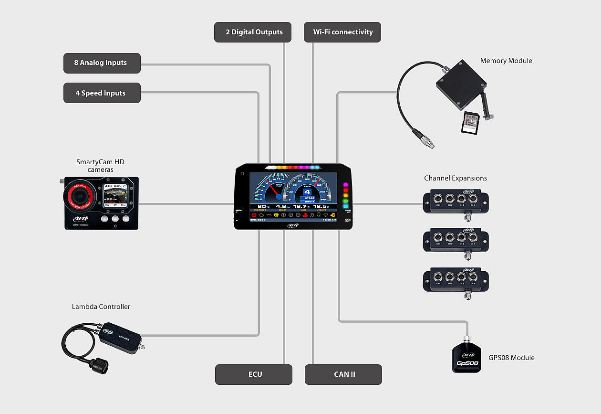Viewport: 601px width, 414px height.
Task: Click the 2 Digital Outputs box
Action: coord(254,32)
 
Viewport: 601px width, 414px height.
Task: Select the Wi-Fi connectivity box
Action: coord(342,32)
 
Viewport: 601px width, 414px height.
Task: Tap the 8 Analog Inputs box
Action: coord(102,63)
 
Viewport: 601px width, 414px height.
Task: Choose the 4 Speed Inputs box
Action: coord(102,93)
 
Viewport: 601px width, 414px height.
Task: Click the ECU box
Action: coord(254,374)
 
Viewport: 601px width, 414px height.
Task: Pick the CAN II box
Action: coord(343,374)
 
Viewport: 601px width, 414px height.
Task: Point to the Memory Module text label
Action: coord(506,61)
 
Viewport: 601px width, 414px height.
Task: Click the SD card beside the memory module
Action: coord(470,123)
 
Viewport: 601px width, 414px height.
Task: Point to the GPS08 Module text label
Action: coord(511,358)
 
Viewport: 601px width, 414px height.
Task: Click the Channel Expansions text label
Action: coord(456,178)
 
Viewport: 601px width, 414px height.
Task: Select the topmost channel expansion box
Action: coord(456,202)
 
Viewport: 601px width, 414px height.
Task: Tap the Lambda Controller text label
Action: coord(101,307)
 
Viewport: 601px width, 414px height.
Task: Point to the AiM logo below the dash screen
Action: coord(293,225)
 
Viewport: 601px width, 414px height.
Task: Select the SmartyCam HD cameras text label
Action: coord(100,166)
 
